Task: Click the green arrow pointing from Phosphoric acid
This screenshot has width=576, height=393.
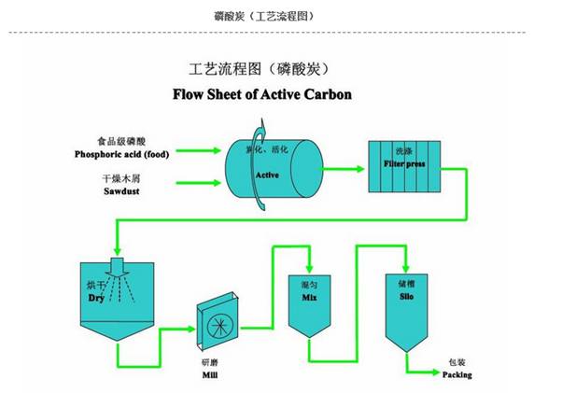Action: coord(202,149)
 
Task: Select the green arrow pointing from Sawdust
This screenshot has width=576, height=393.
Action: coord(202,183)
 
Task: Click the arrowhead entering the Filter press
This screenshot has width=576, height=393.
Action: coord(358,170)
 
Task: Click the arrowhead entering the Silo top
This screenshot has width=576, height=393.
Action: coord(405,265)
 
